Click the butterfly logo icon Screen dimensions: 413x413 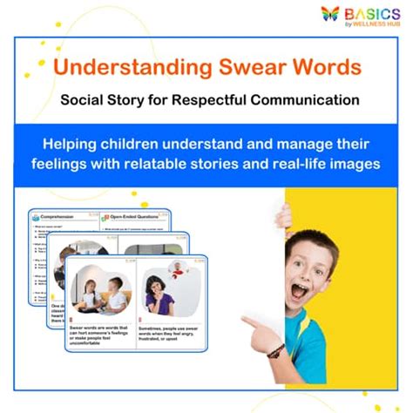click(x=329, y=14)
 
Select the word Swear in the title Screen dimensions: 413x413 click(x=248, y=68)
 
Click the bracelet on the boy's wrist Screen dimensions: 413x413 click(x=276, y=350)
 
